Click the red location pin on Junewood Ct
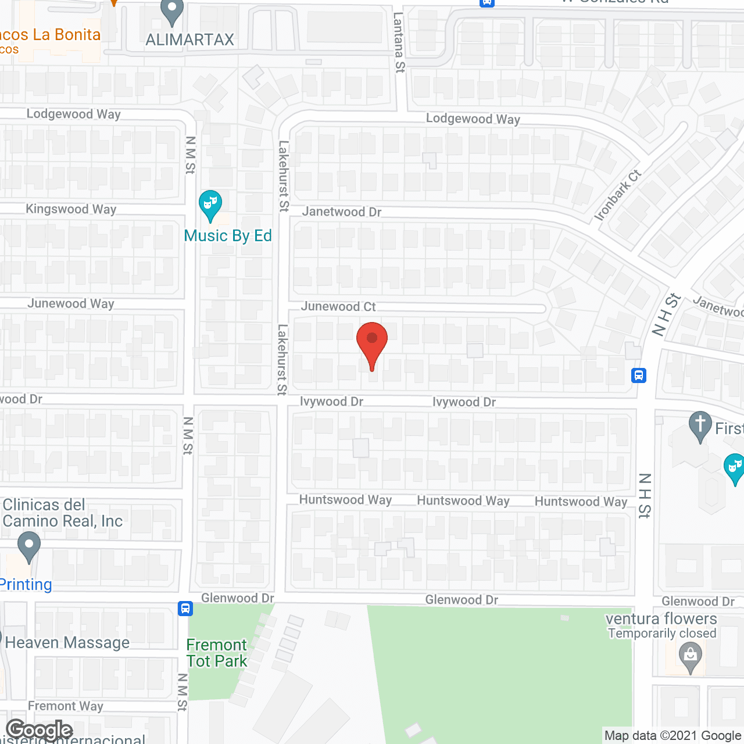371,343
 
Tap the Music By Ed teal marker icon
210,205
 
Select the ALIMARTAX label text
189,40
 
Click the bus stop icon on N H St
639,375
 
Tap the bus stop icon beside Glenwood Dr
185,609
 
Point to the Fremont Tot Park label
217,653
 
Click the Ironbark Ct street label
617,195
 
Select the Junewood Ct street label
338,306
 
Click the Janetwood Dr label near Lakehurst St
342,212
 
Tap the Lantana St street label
399,42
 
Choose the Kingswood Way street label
71,209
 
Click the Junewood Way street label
71,303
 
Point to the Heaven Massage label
67,642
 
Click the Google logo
40,729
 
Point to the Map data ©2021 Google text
673,736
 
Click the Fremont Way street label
66,706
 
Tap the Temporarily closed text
662,633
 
